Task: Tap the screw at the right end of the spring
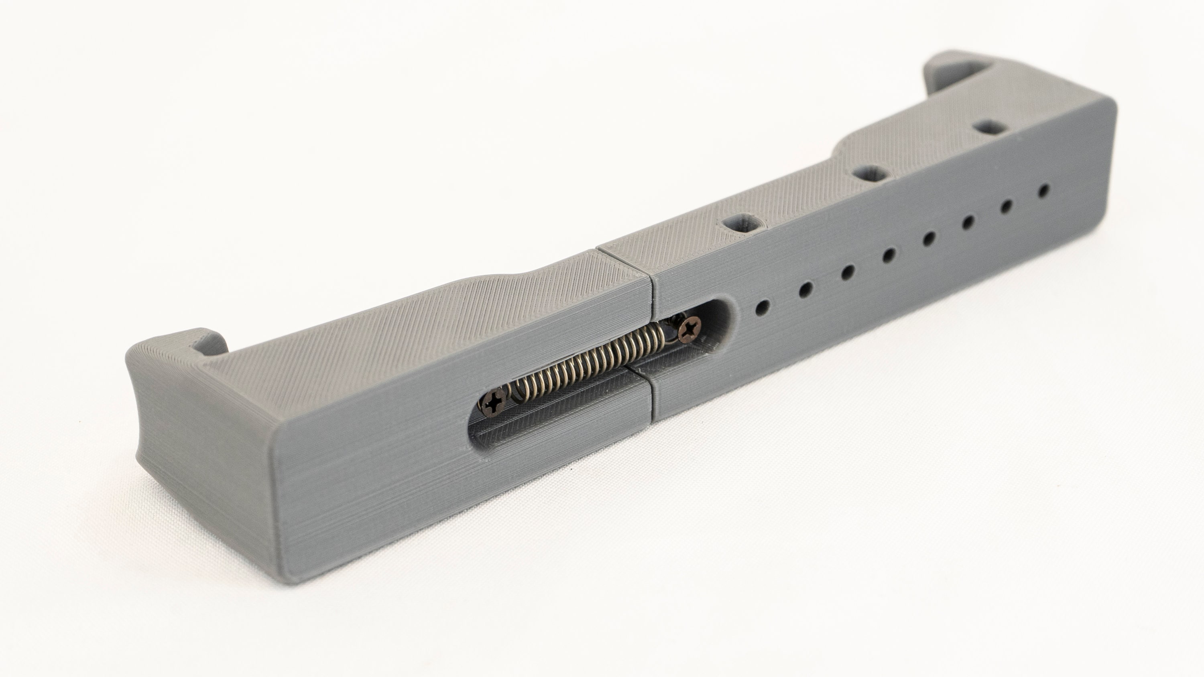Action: (690, 330)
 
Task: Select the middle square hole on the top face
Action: (870, 174)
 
